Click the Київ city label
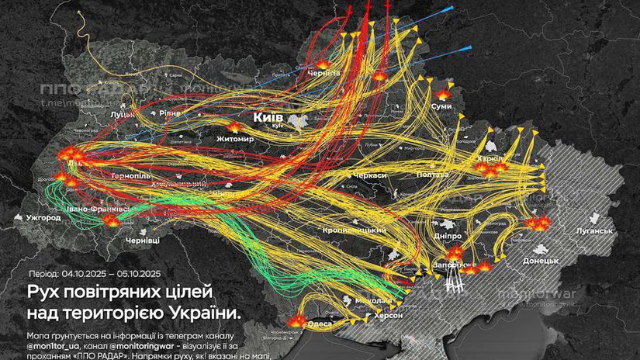click(269, 116)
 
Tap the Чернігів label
click(323, 72)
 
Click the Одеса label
click(320, 323)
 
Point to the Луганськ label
click(595, 230)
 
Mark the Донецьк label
click(540, 261)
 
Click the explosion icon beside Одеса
click(296, 321)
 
